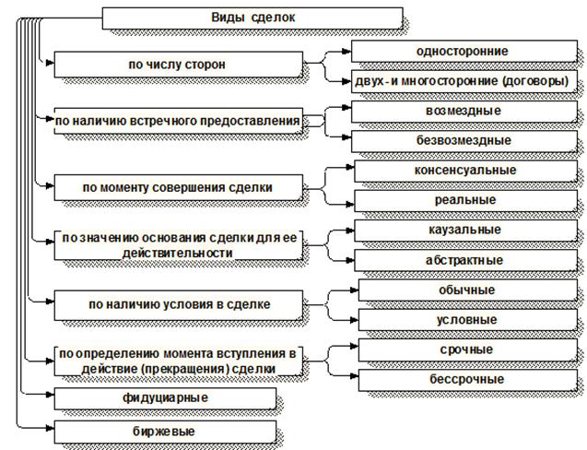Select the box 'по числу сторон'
point(178,65)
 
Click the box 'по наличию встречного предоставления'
point(178,121)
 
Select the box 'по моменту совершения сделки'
point(178,187)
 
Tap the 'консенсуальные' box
point(464,171)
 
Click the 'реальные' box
point(464,200)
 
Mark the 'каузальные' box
point(464,230)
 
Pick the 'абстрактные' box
point(464,260)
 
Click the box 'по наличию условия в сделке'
point(178,304)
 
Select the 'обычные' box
point(465,290)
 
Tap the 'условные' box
point(465,320)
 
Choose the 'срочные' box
point(466,349)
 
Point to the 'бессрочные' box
point(466,379)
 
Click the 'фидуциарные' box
point(165,397)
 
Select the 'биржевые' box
point(165,431)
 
